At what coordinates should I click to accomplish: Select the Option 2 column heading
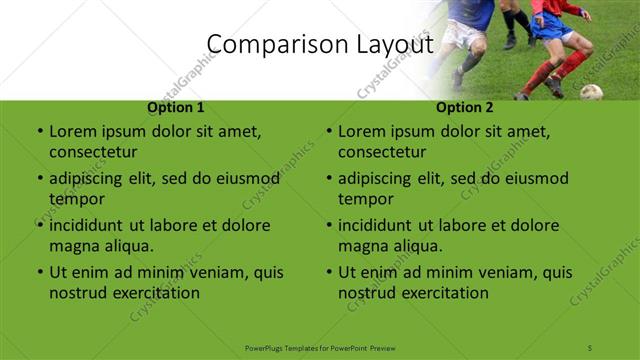tap(464, 108)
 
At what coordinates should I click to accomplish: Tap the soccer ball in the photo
tap(591, 92)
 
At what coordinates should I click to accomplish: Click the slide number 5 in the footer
tap(591, 346)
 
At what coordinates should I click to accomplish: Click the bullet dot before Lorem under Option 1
tap(38, 132)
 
